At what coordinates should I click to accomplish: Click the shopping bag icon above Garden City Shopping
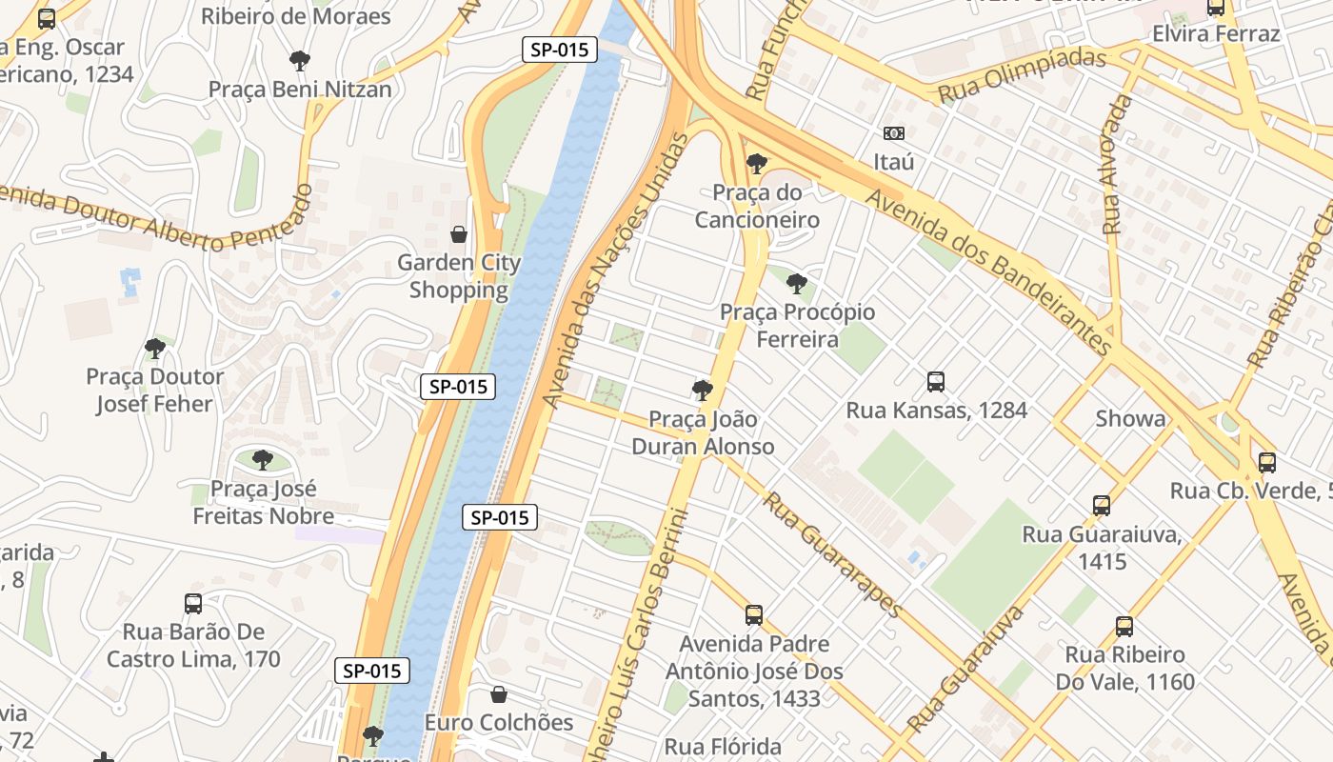coord(459,234)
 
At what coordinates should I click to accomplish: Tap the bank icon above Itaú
coord(893,133)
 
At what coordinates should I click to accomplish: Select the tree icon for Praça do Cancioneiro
coord(757,164)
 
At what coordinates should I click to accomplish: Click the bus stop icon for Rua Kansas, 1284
coord(936,382)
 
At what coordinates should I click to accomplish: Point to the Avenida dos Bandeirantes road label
coord(990,270)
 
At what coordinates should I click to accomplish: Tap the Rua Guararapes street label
coord(832,555)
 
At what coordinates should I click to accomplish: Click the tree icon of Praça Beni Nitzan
coord(300,62)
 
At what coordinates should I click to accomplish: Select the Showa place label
coord(1130,419)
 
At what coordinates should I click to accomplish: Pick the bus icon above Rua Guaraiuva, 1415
coord(1102,506)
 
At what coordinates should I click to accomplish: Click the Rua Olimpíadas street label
coord(1022,75)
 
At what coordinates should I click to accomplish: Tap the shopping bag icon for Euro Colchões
coord(498,694)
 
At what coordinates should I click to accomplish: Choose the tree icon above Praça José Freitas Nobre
coord(263,461)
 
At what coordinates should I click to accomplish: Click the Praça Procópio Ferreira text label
coord(797,326)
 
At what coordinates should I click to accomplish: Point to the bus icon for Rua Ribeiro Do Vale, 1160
coord(1124,627)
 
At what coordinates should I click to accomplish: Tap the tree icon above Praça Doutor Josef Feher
coord(154,349)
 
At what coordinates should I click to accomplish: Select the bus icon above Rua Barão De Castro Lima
coord(193,604)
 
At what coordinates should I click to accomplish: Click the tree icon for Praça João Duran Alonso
coord(703,391)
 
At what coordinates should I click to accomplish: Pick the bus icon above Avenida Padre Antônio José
coord(754,615)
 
